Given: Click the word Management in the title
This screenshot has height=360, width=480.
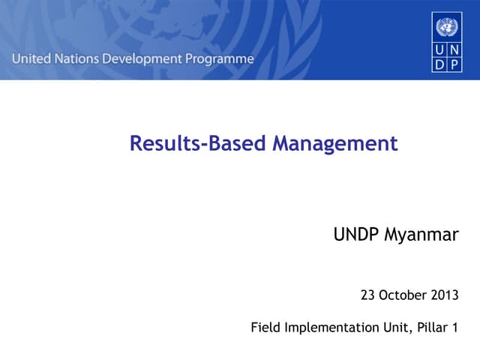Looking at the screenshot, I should (334, 143).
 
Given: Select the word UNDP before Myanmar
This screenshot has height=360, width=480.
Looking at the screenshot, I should (357, 235).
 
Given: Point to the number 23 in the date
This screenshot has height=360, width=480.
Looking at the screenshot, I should (367, 295).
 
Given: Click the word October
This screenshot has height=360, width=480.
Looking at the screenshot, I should (402, 295).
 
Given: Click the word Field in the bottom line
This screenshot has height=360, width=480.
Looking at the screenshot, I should (265, 328).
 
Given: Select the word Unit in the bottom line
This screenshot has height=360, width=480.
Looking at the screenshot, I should (389, 328).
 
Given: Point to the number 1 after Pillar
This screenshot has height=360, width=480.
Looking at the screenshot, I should (454, 328).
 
